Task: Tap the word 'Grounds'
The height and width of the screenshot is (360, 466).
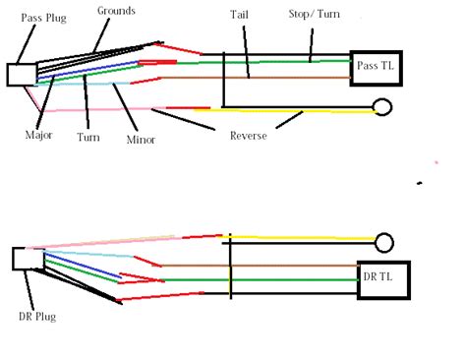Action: (117, 11)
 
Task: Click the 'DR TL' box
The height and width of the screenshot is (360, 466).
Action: (384, 279)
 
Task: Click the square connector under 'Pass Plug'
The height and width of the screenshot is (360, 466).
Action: (20, 76)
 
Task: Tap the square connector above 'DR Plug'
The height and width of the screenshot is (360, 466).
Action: (23, 259)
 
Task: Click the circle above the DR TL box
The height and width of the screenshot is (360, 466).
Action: (384, 240)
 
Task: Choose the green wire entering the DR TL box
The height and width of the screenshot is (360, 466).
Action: (295, 280)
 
